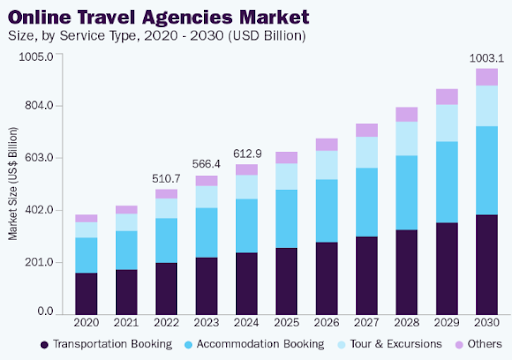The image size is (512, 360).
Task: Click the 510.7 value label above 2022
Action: (166, 179)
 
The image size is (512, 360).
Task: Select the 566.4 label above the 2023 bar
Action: (206, 165)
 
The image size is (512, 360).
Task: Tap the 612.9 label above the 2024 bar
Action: (246, 154)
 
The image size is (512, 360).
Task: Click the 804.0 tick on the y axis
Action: (37, 106)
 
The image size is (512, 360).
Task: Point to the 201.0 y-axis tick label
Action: (37, 261)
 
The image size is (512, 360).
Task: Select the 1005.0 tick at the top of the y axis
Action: (35, 55)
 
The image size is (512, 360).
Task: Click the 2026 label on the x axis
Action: (326, 323)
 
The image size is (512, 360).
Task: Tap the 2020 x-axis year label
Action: (86, 323)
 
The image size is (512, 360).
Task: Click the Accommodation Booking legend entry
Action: (255, 344)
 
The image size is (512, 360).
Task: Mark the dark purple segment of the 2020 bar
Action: (86, 292)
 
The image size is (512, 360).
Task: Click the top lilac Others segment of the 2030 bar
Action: (486, 77)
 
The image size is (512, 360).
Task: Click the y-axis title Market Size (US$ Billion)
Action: (13, 183)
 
